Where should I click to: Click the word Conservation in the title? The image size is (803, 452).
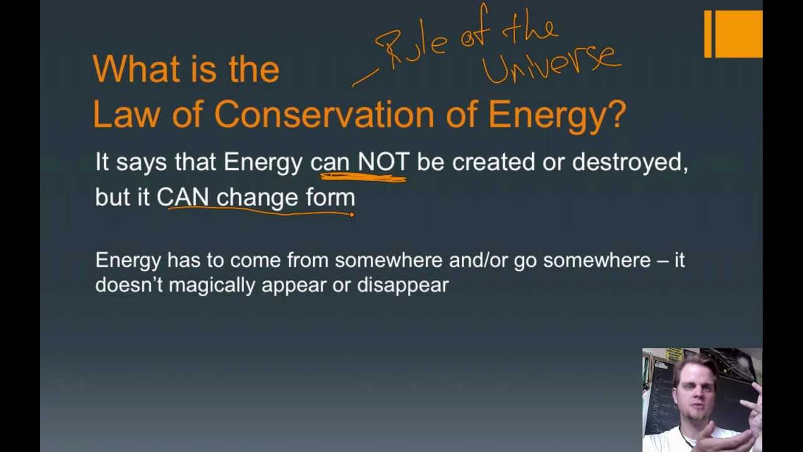pos(324,116)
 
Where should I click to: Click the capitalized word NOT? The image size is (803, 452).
pos(383,162)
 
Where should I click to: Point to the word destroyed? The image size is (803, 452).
pos(629,162)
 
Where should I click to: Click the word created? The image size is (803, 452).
pos(493,162)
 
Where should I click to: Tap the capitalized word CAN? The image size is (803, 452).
pos(182,197)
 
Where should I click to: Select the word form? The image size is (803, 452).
pos(330,197)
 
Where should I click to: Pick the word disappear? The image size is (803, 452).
pos(403,285)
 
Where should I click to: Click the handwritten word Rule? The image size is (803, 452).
pos(411,47)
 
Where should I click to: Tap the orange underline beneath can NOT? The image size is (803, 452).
pos(364,178)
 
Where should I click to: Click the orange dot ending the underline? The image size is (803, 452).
pos(351,215)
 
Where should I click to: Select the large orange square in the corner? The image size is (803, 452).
pos(738,35)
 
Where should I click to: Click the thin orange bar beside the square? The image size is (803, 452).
pos(708,35)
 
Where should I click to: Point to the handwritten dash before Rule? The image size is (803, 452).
pos(365,78)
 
